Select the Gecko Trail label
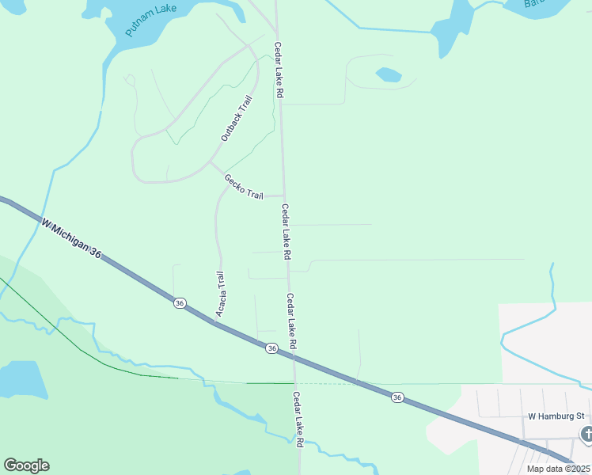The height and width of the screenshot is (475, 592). [243, 187]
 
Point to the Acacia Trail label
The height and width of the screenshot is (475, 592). [221, 294]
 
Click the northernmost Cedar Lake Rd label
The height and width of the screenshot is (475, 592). [279, 70]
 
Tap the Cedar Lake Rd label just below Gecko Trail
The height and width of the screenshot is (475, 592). [287, 233]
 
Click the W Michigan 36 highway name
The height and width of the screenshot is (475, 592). [72, 239]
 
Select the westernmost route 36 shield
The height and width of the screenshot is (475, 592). [180, 302]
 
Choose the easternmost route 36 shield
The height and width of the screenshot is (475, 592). [397, 397]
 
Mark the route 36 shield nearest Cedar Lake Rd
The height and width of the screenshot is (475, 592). [271, 348]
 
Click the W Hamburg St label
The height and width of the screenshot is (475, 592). [556, 416]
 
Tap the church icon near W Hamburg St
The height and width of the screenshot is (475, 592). [586, 434]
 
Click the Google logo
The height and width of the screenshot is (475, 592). [26, 465]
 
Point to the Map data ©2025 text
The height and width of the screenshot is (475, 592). [559, 469]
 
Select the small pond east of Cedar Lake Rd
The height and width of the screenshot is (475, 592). [388, 74]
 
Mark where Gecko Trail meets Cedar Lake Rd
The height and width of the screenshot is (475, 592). [285, 196]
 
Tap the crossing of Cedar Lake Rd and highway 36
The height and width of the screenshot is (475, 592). [294, 357]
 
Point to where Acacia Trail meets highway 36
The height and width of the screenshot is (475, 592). [217, 321]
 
